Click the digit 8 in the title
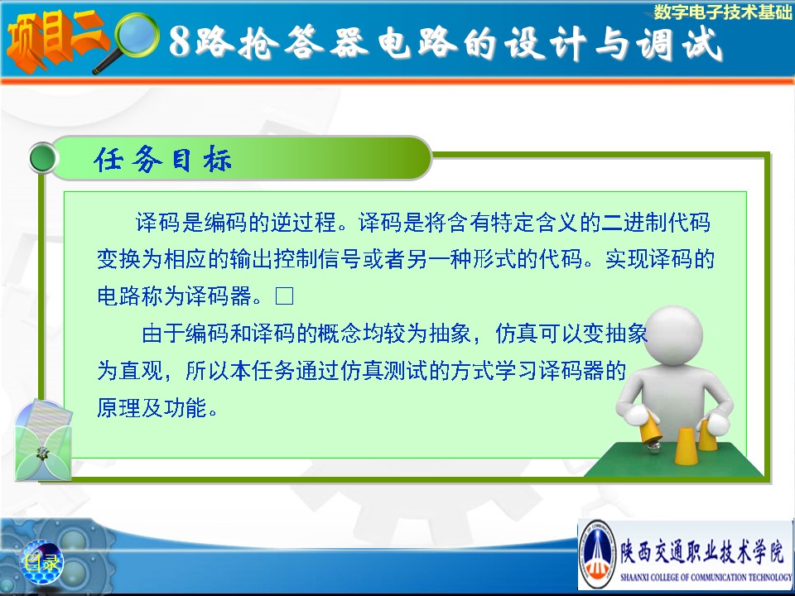tap(180, 41)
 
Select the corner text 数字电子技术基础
tap(722, 12)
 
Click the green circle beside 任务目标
tap(43, 158)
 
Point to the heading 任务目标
tap(163, 160)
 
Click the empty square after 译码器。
tap(284, 296)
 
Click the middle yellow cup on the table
tap(685, 446)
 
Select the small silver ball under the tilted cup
tap(654, 446)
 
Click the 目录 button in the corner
tap(41, 561)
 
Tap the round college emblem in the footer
tap(598, 554)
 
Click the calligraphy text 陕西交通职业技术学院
tap(703, 552)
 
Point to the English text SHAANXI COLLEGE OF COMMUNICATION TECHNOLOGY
tap(706, 577)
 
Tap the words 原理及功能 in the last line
tap(152, 407)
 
